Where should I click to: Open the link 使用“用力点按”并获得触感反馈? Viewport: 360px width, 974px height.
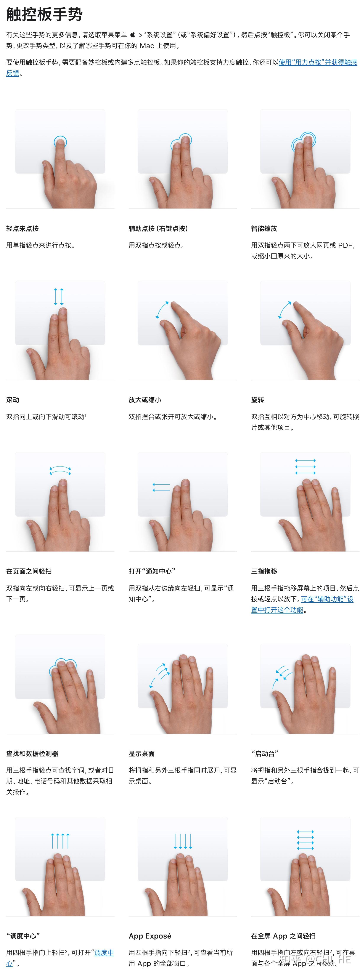tap(318, 62)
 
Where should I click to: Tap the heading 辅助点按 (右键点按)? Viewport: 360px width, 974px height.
tap(158, 228)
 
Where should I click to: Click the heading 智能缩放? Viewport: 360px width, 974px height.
tap(264, 228)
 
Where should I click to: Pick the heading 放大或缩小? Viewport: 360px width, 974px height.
tap(145, 400)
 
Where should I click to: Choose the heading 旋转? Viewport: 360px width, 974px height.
tap(257, 400)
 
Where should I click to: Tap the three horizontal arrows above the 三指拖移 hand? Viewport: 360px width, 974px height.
tap(305, 467)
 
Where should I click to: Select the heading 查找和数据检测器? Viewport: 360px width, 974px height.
tap(32, 754)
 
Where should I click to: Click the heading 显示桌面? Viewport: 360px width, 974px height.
tap(141, 754)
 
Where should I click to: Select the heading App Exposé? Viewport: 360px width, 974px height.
tap(150, 936)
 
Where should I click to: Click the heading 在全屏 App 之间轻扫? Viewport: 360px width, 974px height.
tap(283, 936)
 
